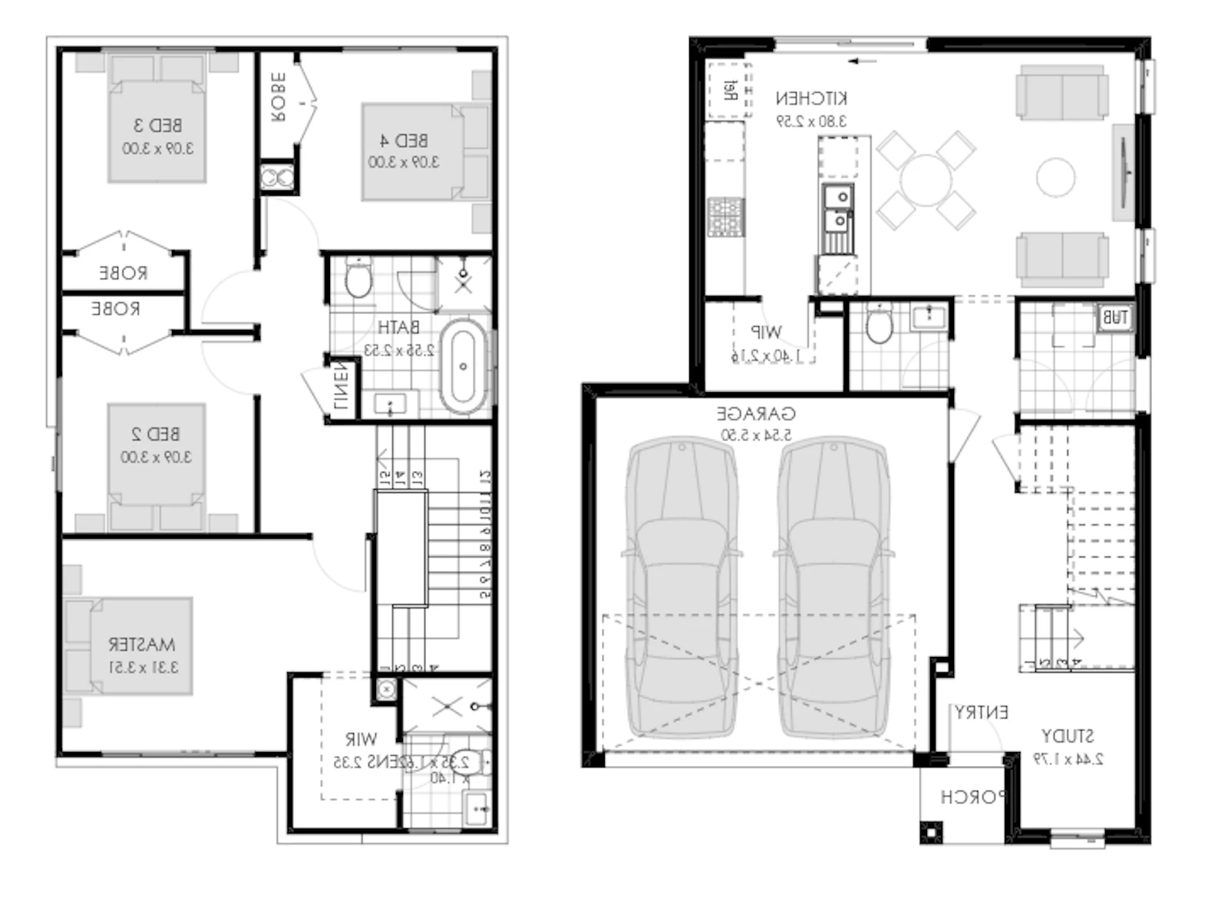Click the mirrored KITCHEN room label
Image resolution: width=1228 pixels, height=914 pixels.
(x=811, y=98)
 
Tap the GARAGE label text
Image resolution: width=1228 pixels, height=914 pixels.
(x=756, y=414)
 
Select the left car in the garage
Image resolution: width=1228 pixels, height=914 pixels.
(x=682, y=587)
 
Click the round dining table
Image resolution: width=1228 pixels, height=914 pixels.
(x=926, y=180)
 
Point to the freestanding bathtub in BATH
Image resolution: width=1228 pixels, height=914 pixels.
(x=463, y=367)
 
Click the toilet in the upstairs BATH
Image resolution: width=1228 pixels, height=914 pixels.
(x=358, y=279)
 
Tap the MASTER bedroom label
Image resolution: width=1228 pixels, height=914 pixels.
(x=142, y=644)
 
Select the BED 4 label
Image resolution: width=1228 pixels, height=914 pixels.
(x=404, y=140)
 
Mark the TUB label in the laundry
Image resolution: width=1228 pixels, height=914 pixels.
(x=1114, y=317)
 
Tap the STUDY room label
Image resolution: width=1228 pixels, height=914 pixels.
(x=1067, y=736)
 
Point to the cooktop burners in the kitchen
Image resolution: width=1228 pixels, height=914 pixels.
(x=725, y=216)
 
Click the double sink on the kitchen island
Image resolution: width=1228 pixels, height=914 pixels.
(x=837, y=210)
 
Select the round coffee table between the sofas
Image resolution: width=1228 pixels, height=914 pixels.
(x=1055, y=177)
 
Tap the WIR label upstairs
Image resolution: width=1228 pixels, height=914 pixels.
(x=361, y=739)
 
